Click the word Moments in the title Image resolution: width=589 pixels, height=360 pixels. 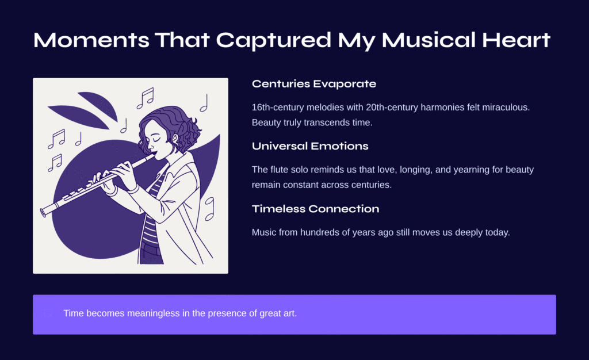[91, 40]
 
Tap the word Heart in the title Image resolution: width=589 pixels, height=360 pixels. [516, 40]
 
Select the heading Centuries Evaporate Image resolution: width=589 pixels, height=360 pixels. [314, 84]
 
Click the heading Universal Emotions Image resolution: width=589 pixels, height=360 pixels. [310, 146]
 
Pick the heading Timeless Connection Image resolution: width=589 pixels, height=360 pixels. [316, 209]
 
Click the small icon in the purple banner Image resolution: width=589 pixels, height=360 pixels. [48, 313]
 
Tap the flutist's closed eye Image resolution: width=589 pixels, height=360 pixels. [155, 139]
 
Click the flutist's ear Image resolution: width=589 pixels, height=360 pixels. [175, 139]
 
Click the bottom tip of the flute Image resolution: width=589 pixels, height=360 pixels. [43, 213]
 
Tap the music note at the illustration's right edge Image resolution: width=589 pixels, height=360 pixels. [209, 209]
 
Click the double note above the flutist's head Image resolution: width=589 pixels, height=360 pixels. [146, 98]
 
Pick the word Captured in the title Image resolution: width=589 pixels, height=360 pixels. [274, 40]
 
